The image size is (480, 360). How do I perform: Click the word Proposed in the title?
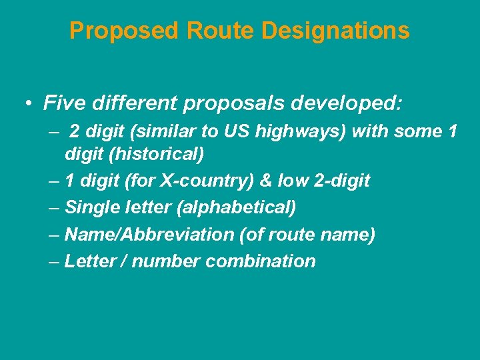pos(125,31)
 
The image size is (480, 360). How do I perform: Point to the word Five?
pos(63,103)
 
